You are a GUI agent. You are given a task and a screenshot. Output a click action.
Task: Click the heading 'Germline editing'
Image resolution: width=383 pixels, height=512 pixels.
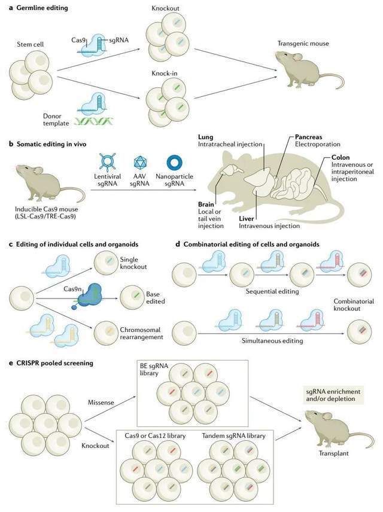[x=42, y=8]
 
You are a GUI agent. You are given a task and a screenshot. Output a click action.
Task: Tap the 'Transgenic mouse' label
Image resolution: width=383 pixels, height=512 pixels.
[x=303, y=44]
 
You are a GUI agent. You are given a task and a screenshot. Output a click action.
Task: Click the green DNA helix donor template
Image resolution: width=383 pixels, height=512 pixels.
[x=93, y=122]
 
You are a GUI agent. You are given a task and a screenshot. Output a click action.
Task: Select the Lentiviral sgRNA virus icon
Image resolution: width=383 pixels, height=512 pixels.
[x=108, y=162]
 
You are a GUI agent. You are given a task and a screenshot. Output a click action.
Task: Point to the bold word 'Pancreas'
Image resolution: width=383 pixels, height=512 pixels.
[x=308, y=137]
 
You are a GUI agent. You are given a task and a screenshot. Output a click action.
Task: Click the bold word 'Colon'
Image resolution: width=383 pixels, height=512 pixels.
[x=341, y=157]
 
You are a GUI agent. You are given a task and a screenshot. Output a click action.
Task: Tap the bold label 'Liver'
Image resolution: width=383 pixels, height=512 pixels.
[x=247, y=219]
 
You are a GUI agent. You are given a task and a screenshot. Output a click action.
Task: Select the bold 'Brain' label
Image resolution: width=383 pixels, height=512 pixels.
[x=206, y=205]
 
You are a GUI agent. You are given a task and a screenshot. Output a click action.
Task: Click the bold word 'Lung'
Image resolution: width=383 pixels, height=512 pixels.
[x=205, y=137]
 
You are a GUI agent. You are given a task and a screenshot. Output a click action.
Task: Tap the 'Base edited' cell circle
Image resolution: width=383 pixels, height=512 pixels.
[x=132, y=298]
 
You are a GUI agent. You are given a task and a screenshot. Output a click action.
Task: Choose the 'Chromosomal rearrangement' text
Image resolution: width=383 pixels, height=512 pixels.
[x=141, y=333]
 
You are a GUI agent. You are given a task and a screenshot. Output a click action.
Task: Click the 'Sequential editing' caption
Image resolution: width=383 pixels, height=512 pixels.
[x=272, y=291]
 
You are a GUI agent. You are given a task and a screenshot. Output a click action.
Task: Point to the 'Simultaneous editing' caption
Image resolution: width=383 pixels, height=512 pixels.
[x=272, y=341]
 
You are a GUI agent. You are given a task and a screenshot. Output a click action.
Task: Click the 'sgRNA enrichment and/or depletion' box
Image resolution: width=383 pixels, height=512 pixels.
[x=333, y=395]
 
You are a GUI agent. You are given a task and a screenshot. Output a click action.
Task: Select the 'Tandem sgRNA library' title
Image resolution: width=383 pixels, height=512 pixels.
[x=233, y=436]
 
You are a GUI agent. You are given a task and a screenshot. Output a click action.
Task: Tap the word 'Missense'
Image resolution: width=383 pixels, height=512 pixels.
[x=101, y=403]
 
